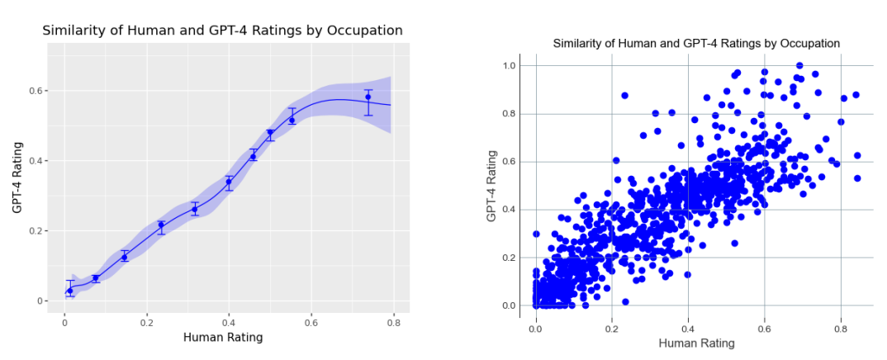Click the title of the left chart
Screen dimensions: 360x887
tap(222, 31)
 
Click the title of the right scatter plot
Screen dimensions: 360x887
tap(695, 43)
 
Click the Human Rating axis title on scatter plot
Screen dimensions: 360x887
tap(695, 343)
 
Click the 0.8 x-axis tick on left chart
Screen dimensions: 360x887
tap(393, 320)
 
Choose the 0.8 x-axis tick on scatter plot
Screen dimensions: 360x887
tap(841, 328)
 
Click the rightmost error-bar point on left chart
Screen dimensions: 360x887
tap(368, 97)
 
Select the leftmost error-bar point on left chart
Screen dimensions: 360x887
tap(70, 291)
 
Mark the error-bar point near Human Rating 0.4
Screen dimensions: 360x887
tap(229, 182)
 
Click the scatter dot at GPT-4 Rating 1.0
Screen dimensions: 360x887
tap(799, 65)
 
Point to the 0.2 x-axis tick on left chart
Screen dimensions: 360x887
tap(147, 320)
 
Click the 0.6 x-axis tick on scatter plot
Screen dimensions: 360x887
tap(765, 328)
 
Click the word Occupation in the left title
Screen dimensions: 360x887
tap(364, 31)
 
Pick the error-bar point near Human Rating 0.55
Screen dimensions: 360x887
tap(292, 120)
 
